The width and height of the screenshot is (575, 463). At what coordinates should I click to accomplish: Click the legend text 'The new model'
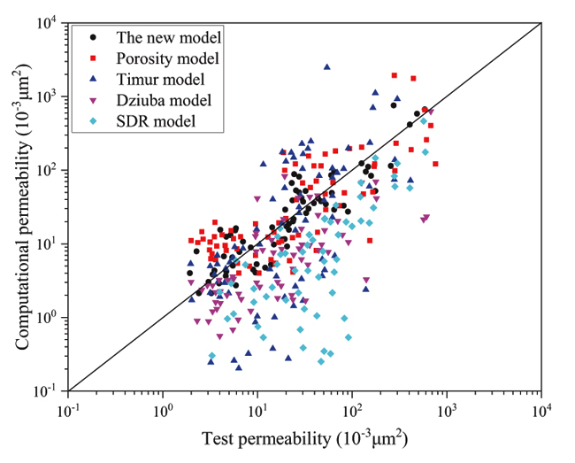tap(169, 38)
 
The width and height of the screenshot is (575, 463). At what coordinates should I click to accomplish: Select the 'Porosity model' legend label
tap(168, 58)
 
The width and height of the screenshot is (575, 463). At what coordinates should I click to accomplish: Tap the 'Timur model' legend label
tap(159, 79)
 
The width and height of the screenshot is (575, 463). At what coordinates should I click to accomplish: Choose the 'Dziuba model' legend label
tap(162, 99)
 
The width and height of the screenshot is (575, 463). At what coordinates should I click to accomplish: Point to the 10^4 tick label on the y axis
tap(47, 23)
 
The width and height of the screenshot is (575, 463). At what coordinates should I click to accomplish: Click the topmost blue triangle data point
tap(326, 66)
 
